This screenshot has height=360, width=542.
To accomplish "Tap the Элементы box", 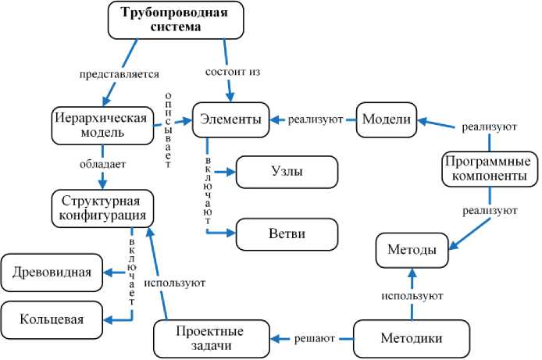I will pos(231,119).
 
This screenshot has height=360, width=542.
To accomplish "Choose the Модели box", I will pos(387,119).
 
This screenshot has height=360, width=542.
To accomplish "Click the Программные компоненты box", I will pos(490,169).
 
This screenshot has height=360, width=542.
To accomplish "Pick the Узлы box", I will pos(287,171).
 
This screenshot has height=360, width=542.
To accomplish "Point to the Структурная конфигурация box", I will pos(102,207).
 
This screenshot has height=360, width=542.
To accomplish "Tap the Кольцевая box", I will pos(52,319).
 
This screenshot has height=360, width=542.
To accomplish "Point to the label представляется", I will pos(119,75).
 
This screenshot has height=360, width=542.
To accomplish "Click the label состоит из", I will pos(232,72).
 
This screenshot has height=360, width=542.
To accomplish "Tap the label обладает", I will pos(102,164).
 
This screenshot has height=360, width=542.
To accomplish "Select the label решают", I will pos(315,339).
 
